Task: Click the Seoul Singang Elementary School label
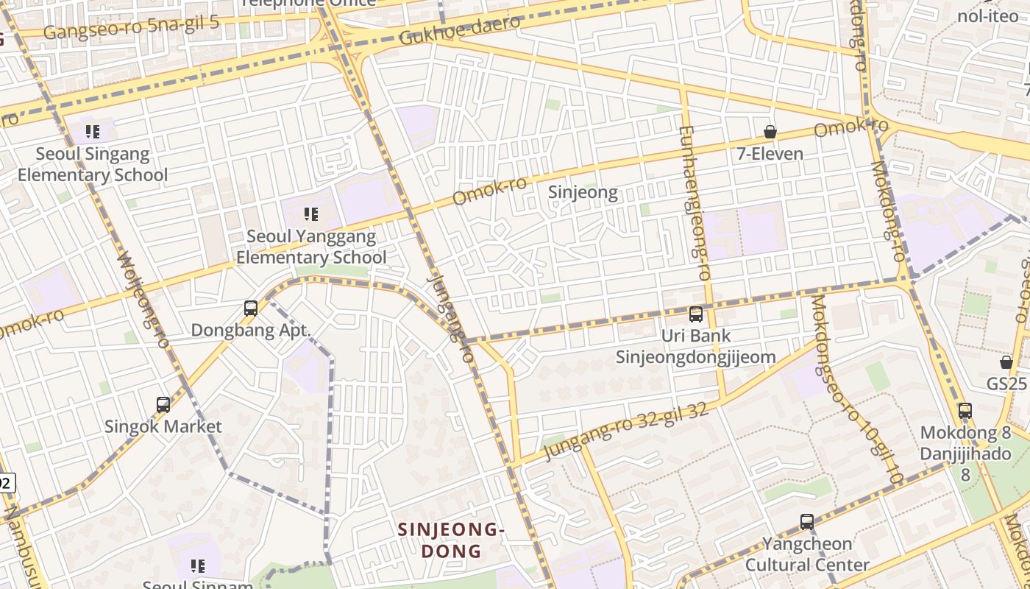pyautogui.click(x=93, y=165)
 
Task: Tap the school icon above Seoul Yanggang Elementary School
pyautogui.click(x=311, y=214)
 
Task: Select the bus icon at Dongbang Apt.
pyautogui.click(x=251, y=308)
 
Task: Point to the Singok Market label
pyautogui.click(x=163, y=426)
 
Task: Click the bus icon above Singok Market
pyautogui.click(x=163, y=404)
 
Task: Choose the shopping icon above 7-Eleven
pyautogui.click(x=770, y=133)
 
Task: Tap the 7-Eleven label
pyautogui.click(x=770, y=155)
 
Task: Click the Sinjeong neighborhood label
pyautogui.click(x=583, y=193)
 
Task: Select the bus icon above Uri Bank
pyautogui.click(x=695, y=314)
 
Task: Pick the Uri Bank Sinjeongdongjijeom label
pyautogui.click(x=695, y=347)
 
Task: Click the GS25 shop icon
pyautogui.click(x=1006, y=362)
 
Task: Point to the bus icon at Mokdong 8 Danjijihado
pyautogui.click(x=965, y=411)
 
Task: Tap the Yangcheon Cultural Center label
pyautogui.click(x=807, y=554)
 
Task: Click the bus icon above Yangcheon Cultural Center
pyautogui.click(x=807, y=522)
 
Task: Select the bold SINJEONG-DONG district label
pyautogui.click(x=451, y=540)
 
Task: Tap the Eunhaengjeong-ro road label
pyautogui.click(x=694, y=202)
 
